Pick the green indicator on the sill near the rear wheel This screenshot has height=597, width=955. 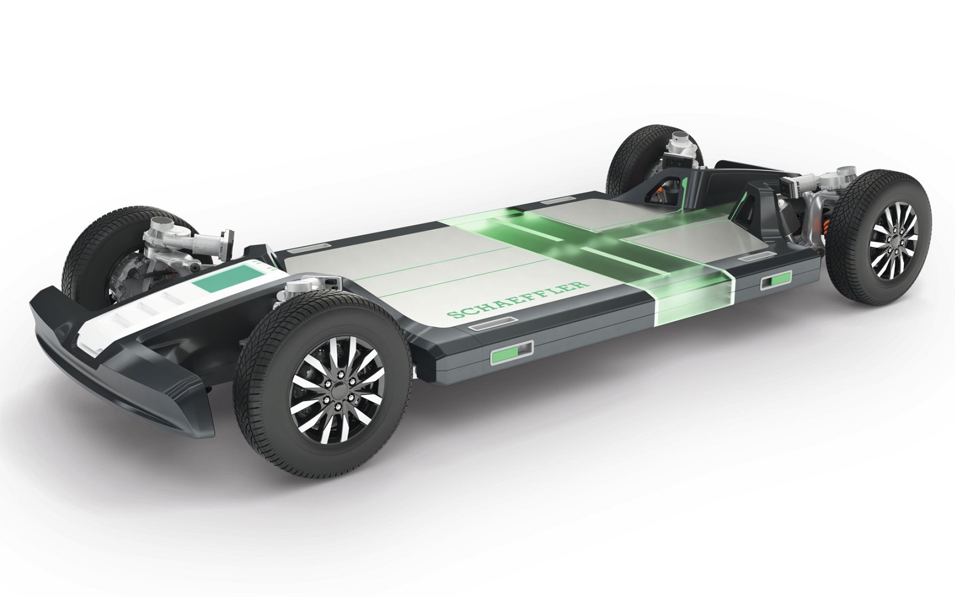(775, 280)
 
